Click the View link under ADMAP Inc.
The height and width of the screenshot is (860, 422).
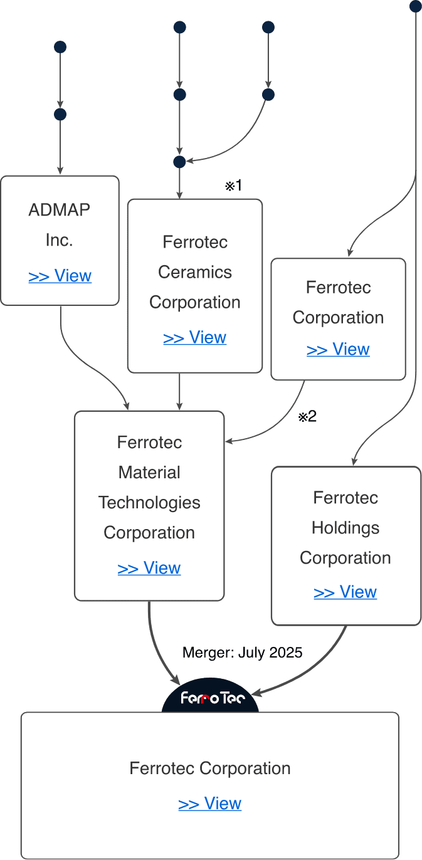(x=60, y=276)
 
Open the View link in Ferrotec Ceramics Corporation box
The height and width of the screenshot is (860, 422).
(x=194, y=337)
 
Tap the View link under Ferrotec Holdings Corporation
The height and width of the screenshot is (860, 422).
(x=346, y=592)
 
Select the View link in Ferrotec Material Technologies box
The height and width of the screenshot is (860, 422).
(x=149, y=568)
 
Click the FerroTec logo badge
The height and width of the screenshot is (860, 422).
(x=211, y=696)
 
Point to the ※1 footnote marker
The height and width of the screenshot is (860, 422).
(x=233, y=186)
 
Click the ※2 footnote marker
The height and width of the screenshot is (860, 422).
(x=307, y=417)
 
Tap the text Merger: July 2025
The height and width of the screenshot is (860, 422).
(x=242, y=653)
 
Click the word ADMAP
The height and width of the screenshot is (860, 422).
(x=59, y=210)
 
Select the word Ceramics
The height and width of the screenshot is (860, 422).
(x=194, y=272)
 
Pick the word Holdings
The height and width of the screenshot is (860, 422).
(x=346, y=528)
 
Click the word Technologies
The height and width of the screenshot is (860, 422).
(x=149, y=503)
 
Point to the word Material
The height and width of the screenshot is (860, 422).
(x=149, y=473)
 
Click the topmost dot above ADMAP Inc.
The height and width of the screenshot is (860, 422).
(x=60, y=47)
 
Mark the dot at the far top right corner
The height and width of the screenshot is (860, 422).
(x=416, y=6)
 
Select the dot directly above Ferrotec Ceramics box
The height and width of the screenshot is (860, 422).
(x=180, y=162)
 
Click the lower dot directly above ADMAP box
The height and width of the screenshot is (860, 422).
(x=60, y=115)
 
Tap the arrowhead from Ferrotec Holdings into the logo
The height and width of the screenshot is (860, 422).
(x=256, y=692)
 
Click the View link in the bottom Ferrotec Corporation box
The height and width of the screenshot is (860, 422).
(x=209, y=803)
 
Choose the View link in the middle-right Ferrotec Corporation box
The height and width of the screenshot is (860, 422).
(x=338, y=349)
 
